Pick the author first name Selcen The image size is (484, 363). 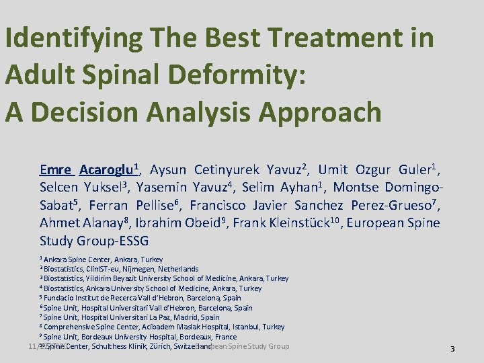[x=61, y=187]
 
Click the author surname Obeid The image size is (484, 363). [x=206, y=223]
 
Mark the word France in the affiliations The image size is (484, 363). [x=225, y=337]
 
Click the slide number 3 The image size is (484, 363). [x=452, y=349]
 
